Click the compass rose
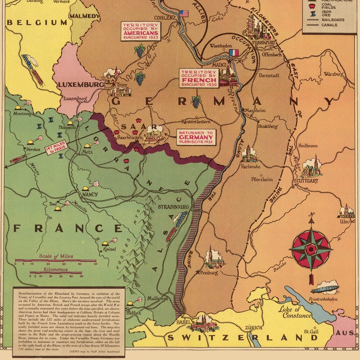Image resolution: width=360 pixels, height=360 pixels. (311, 248)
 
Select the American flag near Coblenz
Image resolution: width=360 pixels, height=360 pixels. (183, 14)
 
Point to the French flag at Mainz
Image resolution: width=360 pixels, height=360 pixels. (234, 53)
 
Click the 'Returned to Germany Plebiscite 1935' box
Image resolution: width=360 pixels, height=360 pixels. (196, 137)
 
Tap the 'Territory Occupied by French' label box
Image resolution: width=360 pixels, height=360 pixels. (199, 78)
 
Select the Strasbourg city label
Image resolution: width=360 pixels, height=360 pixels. (173, 207)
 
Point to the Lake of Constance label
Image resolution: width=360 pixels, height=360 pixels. (295, 312)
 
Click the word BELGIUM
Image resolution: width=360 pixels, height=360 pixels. (37, 22)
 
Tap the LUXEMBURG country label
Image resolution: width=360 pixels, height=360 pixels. (81, 84)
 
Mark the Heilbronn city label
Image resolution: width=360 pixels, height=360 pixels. (308, 146)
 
